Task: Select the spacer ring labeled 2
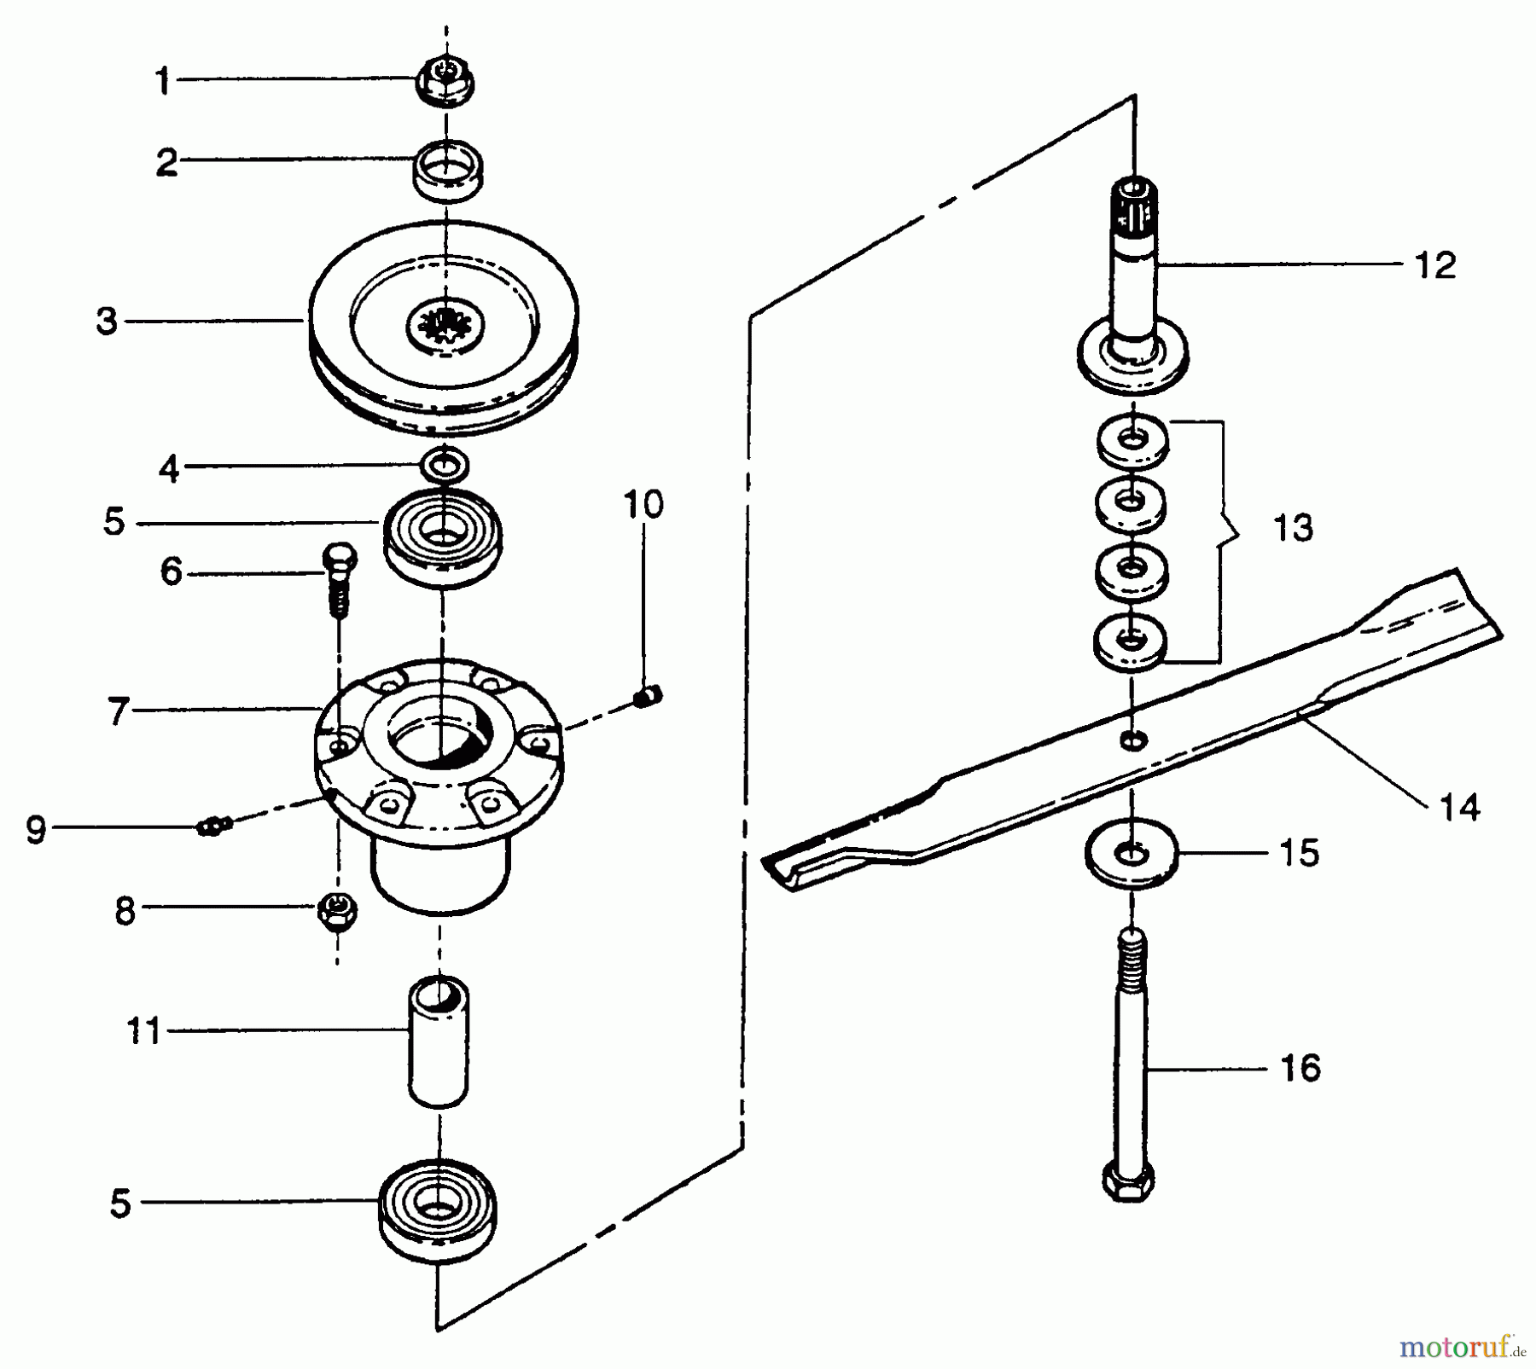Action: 448,169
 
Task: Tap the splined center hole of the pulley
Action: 445,324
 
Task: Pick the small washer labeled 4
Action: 445,466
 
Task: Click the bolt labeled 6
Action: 339,580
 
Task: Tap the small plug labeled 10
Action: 648,697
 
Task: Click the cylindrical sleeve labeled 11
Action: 439,1043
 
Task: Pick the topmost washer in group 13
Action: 1132,441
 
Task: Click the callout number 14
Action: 1459,807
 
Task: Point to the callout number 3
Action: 107,322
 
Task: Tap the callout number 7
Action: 118,711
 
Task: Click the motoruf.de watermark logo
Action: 1462,1346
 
